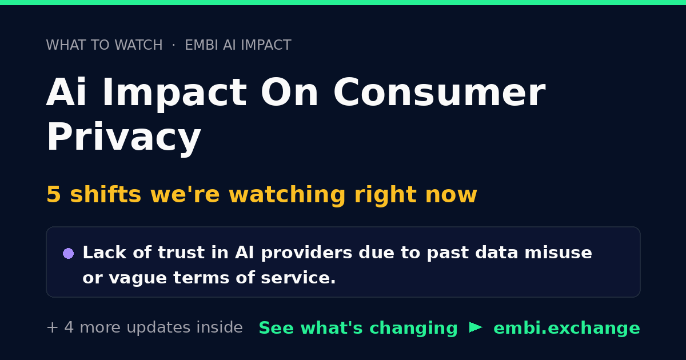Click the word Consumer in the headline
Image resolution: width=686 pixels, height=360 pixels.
(440, 92)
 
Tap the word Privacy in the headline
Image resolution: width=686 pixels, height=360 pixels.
(123, 137)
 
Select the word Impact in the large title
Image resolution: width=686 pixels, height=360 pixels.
(174, 93)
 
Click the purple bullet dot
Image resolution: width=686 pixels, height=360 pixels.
(68, 254)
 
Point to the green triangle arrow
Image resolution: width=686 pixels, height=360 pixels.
(476, 327)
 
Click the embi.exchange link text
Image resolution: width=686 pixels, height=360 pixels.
(567, 328)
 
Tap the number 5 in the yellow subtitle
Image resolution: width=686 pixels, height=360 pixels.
(54, 194)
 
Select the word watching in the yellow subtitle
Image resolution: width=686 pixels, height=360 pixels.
(287, 195)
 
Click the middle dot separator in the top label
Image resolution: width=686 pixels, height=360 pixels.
(174, 45)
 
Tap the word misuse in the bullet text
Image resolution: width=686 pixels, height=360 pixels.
(558, 253)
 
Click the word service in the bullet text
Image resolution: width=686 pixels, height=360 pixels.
(298, 278)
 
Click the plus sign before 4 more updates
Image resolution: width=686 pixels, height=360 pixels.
(53, 327)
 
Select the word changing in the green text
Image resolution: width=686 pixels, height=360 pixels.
(413, 329)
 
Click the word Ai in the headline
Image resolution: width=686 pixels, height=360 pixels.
(66, 92)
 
